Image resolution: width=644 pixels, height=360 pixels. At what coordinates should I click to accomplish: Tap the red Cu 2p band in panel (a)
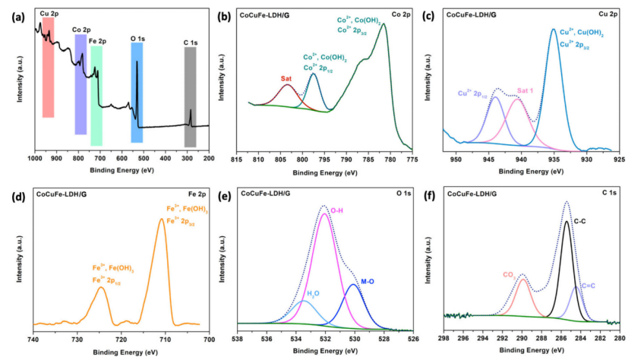(48, 68)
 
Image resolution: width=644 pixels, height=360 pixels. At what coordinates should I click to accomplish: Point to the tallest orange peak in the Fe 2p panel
(161, 220)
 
